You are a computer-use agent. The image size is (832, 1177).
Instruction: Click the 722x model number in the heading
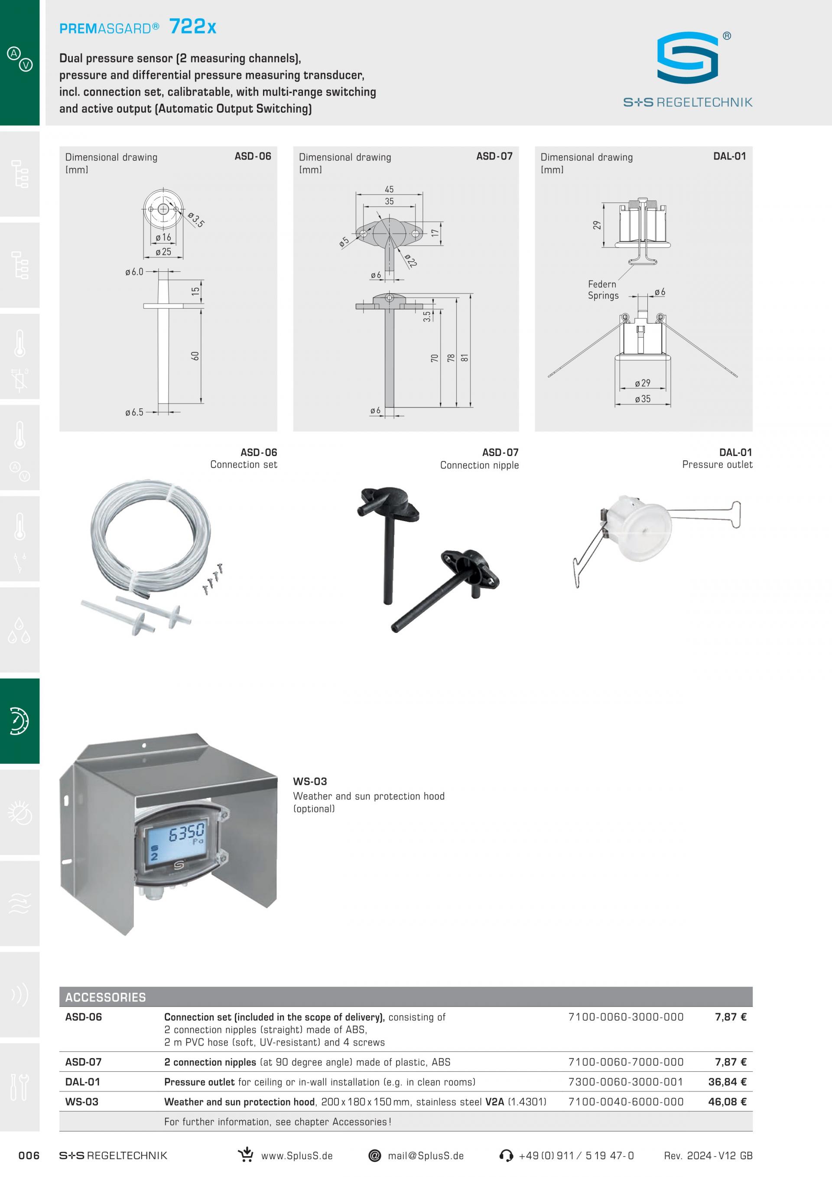tap(193, 26)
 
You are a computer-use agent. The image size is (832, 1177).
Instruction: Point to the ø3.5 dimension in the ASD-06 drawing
tap(196, 219)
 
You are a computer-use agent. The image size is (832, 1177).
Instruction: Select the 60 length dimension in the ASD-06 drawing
tap(195, 356)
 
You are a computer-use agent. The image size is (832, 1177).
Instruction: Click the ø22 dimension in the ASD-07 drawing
tap(410, 261)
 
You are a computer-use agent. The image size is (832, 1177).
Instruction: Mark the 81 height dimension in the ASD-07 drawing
tap(465, 358)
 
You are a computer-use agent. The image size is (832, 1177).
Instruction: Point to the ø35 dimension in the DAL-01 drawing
tap(643, 399)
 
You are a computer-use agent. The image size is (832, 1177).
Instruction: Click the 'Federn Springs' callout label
tap(603, 290)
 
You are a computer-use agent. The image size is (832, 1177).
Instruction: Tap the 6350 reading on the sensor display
tap(186, 833)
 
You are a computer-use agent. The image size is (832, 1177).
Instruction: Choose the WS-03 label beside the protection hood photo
tap(310, 782)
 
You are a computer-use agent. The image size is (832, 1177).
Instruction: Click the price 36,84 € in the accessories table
tap(727, 1082)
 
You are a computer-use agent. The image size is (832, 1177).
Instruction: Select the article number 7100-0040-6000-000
tap(626, 1102)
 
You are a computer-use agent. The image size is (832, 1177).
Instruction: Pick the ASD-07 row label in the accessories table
tap(84, 1062)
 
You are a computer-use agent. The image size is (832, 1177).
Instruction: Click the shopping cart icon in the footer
tap(246, 1154)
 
